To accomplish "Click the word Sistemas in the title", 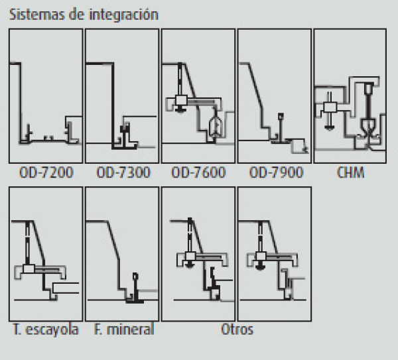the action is (x=37, y=15).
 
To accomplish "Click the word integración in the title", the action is (x=124, y=15).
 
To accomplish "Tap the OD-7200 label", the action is (x=46, y=172).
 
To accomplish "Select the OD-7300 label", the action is (x=123, y=172).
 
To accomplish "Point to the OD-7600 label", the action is (x=198, y=172).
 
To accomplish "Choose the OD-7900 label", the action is (x=276, y=172).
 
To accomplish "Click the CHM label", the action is (x=350, y=172).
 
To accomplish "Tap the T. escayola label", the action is (x=46, y=330).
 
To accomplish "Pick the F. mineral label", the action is (x=124, y=330).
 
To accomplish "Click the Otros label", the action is (x=237, y=330).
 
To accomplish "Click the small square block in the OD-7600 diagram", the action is (x=181, y=101).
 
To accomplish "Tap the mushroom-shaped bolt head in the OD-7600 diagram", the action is (x=180, y=109).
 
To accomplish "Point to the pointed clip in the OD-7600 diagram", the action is (x=215, y=125).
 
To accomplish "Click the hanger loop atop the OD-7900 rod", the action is (x=281, y=117).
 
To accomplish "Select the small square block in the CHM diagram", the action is (x=330, y=107).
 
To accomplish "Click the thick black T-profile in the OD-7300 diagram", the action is (x=125, y=136).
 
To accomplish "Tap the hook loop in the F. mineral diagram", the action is (x=135, y=276).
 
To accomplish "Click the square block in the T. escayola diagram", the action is (x=29, y=269).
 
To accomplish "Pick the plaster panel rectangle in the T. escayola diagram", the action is (x=66, y=288).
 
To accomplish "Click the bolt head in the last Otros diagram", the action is (x=260, y=267).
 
